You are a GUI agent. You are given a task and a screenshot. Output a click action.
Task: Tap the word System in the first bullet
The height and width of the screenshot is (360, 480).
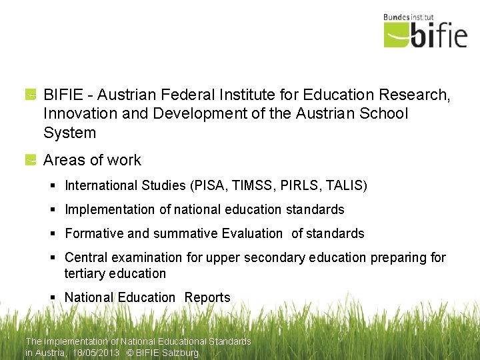click(x=69, y=133)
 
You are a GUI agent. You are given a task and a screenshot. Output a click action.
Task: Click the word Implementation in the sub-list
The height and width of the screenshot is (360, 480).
click(x=110, y=209)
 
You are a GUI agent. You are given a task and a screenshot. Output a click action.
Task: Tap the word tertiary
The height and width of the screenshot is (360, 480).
click(x=83, y=273)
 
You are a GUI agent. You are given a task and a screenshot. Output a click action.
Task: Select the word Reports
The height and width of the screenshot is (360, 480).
click(x=207, y=297)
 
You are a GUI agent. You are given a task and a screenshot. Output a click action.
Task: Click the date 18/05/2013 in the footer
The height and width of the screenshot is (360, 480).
click(x=97, y=353)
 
